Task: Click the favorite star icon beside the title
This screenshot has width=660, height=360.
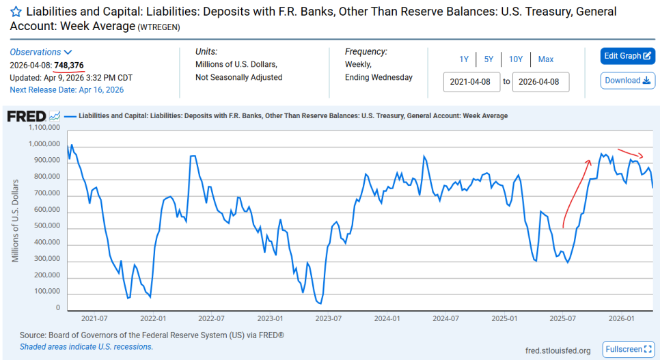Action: (x=16, y=12)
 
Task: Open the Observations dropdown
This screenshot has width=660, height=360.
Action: (x=41, y=52)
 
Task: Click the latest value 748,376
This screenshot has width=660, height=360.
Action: (x=69, y=66)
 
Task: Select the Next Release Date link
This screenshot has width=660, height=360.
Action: (x=66, y=89)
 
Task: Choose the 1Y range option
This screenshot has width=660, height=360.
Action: (x=464, y=59)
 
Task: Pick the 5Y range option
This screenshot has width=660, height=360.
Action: (x=489, y=59)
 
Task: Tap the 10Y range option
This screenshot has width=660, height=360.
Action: (x=516, y=59)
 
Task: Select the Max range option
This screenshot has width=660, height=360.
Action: (x=545, y=59)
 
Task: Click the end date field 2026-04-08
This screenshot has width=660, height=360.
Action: (x=540, y=82)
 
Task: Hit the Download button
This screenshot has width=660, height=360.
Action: (x=628, y=81)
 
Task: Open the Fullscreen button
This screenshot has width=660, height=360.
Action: (x=629, y=350)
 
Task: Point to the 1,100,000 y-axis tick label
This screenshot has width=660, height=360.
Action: (x=44, y=128)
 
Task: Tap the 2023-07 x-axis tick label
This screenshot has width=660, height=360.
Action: (x=329, y=319)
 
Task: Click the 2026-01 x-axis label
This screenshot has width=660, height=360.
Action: (x=621, y=319)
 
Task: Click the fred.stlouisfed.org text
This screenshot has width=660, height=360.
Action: (x=558, y=350)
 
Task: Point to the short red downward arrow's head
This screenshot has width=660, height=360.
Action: (x=642, y=156)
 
